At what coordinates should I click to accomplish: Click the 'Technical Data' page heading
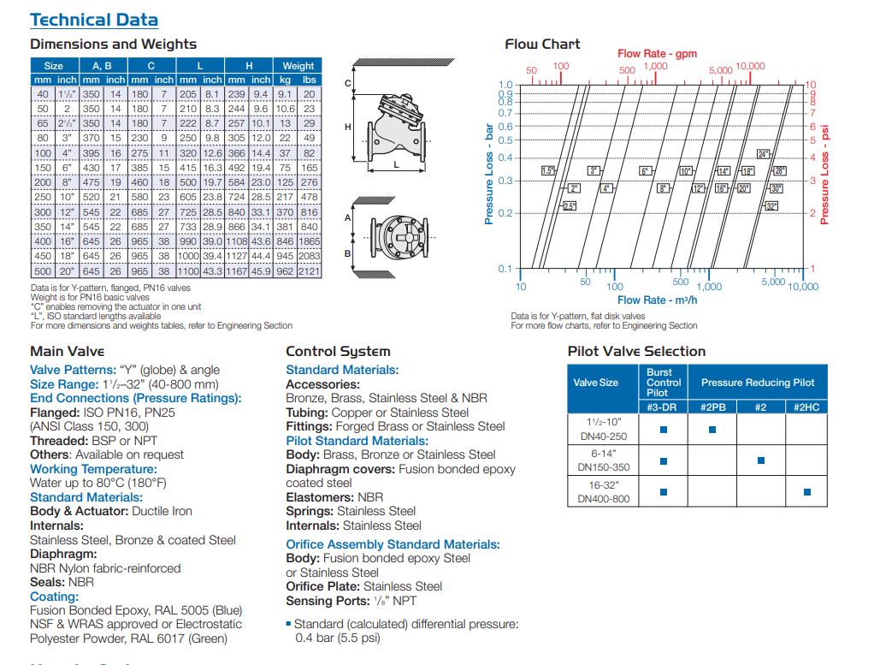[x=94, y=20]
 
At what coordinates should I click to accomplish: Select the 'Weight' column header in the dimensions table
[x=298, y=65]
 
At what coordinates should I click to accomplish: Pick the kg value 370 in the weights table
[x=286, y=211]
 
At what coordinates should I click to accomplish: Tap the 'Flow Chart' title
[x=542, y=44]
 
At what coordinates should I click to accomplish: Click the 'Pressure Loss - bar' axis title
[x=490, y=174]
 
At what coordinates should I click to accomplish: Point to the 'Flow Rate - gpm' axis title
[x=657, y=53]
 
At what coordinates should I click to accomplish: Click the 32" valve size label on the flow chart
[x=771, y=206]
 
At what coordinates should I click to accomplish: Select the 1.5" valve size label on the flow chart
[x=548, y=171]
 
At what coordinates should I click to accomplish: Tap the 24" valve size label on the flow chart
[x=764, y=154]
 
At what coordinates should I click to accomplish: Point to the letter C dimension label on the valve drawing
[x=348, y=83]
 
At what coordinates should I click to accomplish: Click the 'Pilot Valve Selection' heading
[x=636, y=351]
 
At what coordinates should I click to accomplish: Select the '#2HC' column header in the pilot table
[x=806, y=407]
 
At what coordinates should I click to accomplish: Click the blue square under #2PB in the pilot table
[x=713, y=430]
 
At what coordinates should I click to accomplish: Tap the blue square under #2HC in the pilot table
[x=806, y=492]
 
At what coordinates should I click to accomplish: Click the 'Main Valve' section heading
[x=67, y=351]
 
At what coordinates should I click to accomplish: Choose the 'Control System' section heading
[x=338, y=351]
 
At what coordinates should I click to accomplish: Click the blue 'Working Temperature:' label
[x=93, y=469]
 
